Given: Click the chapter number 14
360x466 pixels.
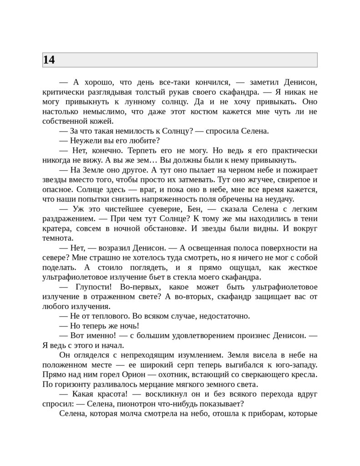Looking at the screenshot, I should coord(49,60).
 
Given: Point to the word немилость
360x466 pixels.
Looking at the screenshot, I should coord(126,131).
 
